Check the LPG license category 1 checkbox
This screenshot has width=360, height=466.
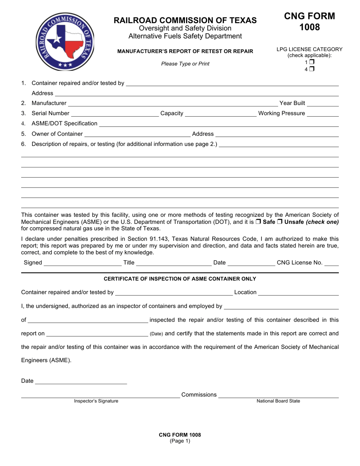pyautogui.click(x=312, y=62)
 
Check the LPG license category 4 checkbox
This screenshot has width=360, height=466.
pyautogui.click(x=312, y=69)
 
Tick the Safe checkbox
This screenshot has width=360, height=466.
pyautogui.click(x=258, y=222)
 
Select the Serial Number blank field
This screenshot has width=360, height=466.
pyautogui.click(x=114, y=113)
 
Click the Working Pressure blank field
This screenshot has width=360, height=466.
pyautogui.click(x=322, y=113)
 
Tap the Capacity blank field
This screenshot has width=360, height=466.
pyautogui.click(x=221, y=113)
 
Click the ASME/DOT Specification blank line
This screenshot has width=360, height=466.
pyautogui.click(x=219, y=124)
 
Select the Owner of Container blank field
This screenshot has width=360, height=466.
pyautogui.click(x=137, y=134)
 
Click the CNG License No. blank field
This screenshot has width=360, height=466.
pyautogui.click(x=332, y=263)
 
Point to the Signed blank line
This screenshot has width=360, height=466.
pyautogui.click(x=82, y=263)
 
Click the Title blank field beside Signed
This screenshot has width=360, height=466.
pyautogui.click(x=174, y=263)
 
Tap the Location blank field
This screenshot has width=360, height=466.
pyautogui.click(x=298, y=292)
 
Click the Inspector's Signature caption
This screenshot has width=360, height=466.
pyautogui.click(x=96, y=401)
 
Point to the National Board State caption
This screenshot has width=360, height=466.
pyautogui.click(x=278, y=401)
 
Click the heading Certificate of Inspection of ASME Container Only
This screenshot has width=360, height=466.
pyautogui.click(x=180, y=279)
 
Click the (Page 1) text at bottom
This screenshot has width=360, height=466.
pyautogui.click(x=180, y=441)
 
